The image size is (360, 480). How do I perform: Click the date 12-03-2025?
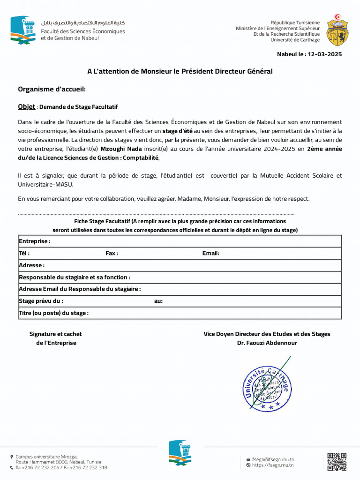[x=324, y=54]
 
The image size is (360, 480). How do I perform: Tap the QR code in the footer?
[x=337, y=462]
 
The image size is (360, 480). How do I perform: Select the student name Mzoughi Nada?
[x=121, y=149]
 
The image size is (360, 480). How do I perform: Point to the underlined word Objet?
[x=26, y=107]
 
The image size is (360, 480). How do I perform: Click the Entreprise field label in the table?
[x=34, y=241]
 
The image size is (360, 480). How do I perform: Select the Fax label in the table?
[x=112, y=254]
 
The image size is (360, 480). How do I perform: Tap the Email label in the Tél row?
[x=210, y=254]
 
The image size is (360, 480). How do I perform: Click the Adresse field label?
[x=31, y=265]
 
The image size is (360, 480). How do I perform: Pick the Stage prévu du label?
[x=41, y=301]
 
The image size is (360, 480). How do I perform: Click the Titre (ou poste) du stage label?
[x=53, y=313]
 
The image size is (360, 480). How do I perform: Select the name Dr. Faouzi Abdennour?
[x=267, y=343]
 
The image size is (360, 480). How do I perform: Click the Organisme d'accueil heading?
[x=52, y=90]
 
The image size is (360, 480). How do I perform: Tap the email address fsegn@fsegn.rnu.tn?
[x=273, y=459]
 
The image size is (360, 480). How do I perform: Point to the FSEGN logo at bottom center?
[x=180, y=453]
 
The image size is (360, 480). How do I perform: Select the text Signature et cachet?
[x=55, y=334]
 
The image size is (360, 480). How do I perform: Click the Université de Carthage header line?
[x=295, y=40]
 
